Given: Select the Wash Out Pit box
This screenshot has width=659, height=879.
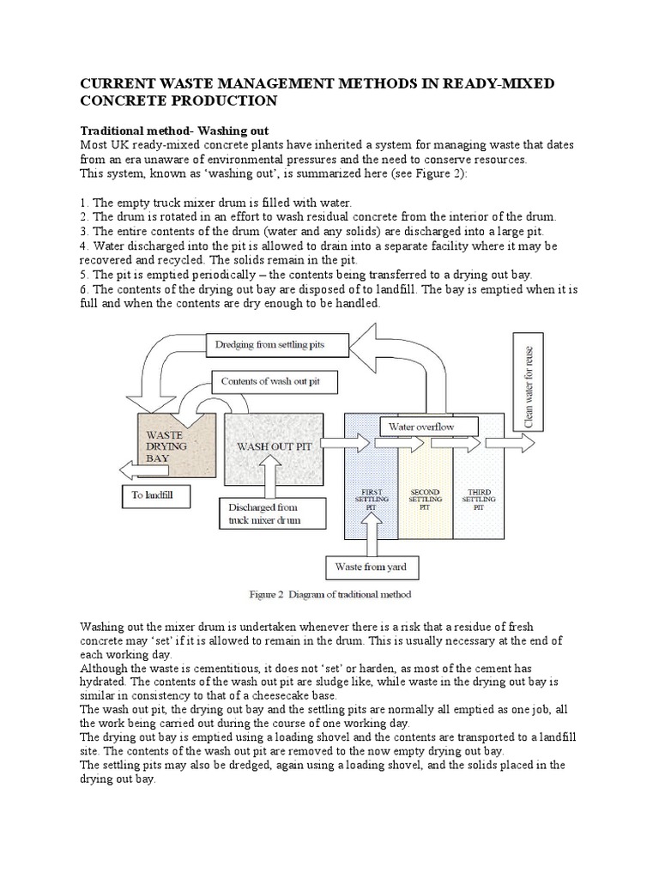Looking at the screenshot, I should click(x=275, y=447).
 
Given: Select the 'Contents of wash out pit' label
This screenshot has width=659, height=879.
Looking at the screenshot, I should click(x=269, y=380).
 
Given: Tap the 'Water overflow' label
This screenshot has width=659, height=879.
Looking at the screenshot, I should click(x=421, y=426).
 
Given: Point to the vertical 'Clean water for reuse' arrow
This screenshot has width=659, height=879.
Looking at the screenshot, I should click(x=526, y=382).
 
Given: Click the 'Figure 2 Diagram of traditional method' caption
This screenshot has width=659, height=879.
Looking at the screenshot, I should click(x=329, y=594).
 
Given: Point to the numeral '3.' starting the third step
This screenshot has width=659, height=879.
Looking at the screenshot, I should click(x=84, y=232).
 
